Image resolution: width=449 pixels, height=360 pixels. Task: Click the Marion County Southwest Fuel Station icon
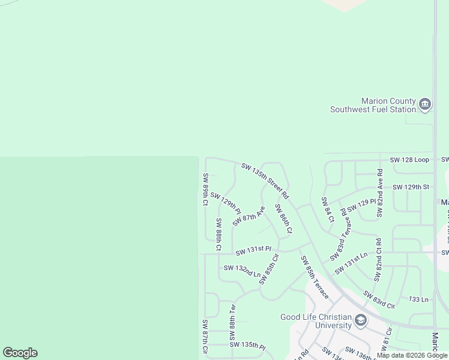[x=425, y=104]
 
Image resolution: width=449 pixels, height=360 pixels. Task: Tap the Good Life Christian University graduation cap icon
[x=360, y=320]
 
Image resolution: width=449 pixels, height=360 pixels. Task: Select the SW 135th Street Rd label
[x=265, y=181]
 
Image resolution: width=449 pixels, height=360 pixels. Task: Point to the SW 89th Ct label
[x=205, y=189]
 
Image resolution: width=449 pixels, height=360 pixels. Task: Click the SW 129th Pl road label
[x=225, y=203]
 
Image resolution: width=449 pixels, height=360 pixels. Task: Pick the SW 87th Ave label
[x=249, y=216]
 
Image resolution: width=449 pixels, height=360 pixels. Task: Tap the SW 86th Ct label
[x=283, y=218]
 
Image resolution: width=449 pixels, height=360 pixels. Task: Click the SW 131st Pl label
[x=253, y=249]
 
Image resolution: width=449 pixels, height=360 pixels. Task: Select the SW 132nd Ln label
[x=242, y=271]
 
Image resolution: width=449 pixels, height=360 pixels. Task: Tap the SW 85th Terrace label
[x=315, y=277]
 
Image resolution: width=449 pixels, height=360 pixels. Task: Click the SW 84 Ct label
[x=327, y=210]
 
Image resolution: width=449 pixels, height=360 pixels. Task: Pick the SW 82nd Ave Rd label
[x=380, y=193]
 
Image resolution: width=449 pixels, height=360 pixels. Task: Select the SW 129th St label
[x=411, y=187]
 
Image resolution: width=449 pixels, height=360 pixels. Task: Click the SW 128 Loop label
[x=409, y=160]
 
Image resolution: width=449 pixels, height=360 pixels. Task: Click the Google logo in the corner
[x=20, y=353]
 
